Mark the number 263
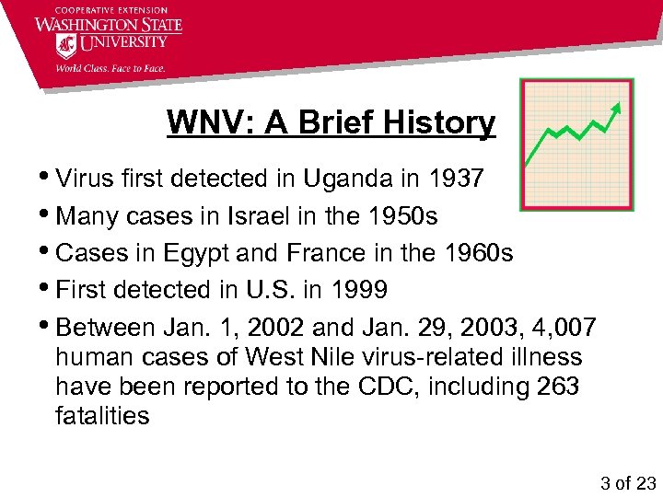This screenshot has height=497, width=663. coord(557,387)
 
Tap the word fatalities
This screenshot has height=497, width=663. coord(101,416)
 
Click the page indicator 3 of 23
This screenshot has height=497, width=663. coord(627,482)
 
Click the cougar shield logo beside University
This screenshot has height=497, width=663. coord(66,45)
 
